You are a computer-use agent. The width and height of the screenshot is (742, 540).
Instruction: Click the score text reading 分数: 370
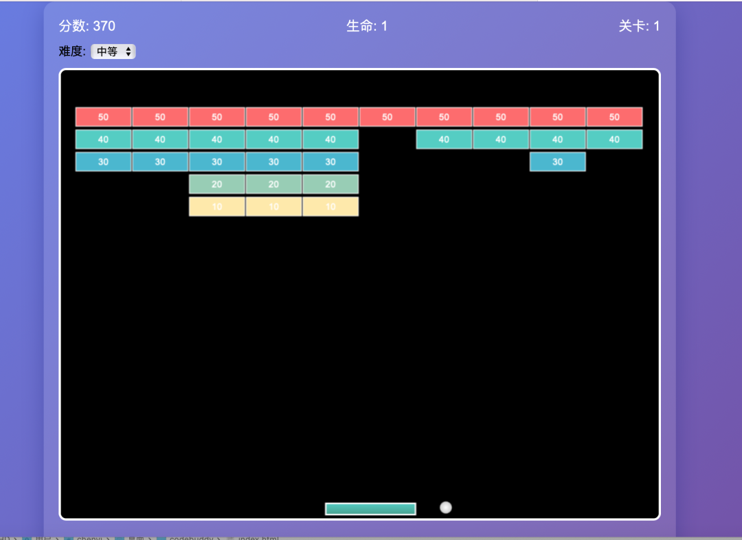tap(87, 26)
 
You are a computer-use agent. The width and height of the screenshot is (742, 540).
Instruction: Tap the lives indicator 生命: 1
tap(367, 26)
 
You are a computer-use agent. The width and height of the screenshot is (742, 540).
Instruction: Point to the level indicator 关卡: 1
tap(639, 26)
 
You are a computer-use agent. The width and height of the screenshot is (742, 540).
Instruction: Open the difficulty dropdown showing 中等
tap(113, 52)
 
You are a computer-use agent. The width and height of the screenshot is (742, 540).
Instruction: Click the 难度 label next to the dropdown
tap(72, 52)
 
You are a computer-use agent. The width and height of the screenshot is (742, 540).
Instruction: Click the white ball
tap(446, 508)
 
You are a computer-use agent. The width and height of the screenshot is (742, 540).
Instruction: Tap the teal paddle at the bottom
tap(370, 509)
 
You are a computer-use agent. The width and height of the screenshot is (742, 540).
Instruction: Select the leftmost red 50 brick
tap(103, 117)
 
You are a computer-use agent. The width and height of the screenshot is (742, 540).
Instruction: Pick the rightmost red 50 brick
tap(614, 117)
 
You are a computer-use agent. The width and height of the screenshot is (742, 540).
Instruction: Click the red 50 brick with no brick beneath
tap(387, 117)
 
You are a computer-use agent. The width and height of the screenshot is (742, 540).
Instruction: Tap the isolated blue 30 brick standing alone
tap(557, 161)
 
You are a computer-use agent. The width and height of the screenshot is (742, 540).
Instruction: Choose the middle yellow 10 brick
tap(273, 206)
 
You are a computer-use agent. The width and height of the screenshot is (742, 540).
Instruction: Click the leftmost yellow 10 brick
tap(217, 206)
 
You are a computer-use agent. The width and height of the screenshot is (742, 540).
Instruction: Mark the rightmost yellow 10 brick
tap(330, 206)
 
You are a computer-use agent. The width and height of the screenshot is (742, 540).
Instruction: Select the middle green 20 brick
tap(273, 184)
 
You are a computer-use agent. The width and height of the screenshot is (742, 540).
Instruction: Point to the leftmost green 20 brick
tap(217, 184)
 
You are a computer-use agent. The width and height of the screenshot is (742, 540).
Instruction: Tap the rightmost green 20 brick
tap(330, 184)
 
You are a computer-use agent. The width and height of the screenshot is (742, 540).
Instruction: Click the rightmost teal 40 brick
tap(614, 139)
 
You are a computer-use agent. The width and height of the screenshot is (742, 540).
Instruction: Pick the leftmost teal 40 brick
tap(103, 139)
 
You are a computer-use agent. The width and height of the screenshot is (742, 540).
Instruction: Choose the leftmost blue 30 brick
tap(103, 161)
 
